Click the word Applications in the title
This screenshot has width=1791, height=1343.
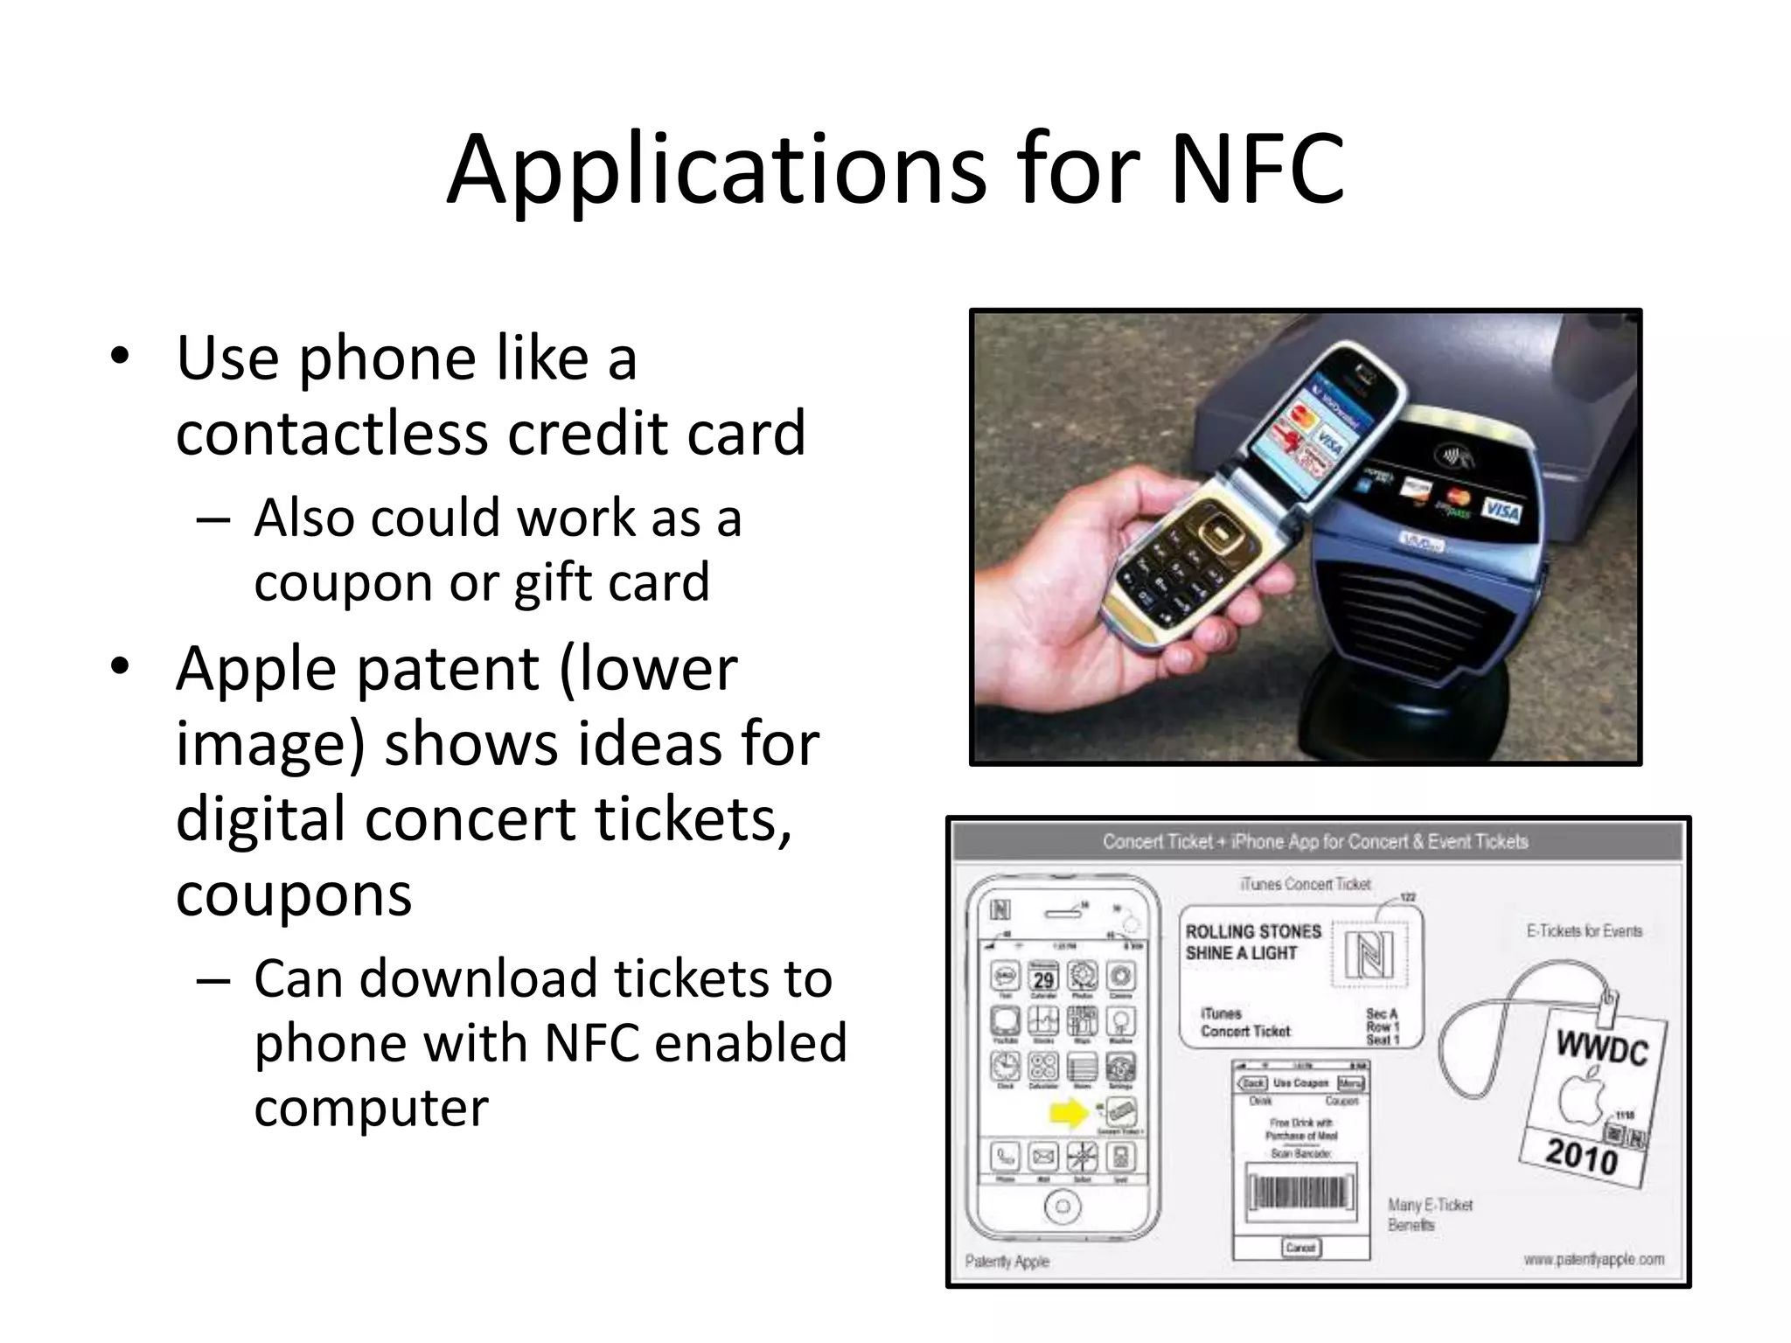pos(715,170)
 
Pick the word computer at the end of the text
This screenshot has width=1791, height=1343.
pos(371,1108)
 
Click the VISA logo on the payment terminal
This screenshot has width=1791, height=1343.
pos(1501,510)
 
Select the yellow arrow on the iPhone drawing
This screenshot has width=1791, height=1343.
pos(1068,1112)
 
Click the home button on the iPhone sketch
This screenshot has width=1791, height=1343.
pos(1063,1207)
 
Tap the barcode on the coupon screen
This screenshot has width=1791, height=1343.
pos(1300,1193)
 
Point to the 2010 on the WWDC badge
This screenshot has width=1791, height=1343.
pos(1581,1156)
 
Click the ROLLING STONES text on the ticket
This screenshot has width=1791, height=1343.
pos(1252,932)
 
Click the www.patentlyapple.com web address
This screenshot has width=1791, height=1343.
pos(1593,1259)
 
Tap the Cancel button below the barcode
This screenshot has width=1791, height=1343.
pos(1300,1248)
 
